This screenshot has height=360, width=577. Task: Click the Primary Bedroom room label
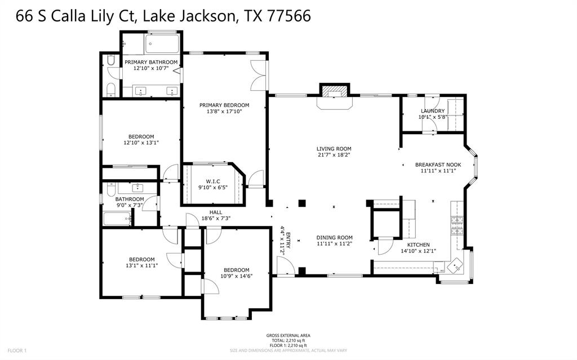click(224, 105)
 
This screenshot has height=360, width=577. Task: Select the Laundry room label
click(432, 111)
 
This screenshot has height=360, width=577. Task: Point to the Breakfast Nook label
click(438, 165)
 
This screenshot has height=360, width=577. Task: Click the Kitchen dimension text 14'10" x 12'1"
click(418, 251)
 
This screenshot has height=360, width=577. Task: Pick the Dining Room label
click(334, 238)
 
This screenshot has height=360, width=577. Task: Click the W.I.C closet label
click(212, 181)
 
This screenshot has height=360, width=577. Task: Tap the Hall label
click(208, 212)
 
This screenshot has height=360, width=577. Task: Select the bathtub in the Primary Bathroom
click(162, 43)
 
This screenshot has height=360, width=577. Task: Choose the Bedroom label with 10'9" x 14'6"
click(236, 270)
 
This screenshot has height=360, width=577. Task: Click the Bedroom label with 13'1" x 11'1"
click(141, 259)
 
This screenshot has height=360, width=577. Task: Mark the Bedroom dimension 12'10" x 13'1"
click(141, 143)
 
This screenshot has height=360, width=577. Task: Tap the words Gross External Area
click(288, 335)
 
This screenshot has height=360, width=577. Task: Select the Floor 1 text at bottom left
click(17, 350)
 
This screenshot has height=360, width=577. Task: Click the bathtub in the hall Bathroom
click(117, 219)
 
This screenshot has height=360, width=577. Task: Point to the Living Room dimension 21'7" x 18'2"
click(334, 155)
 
